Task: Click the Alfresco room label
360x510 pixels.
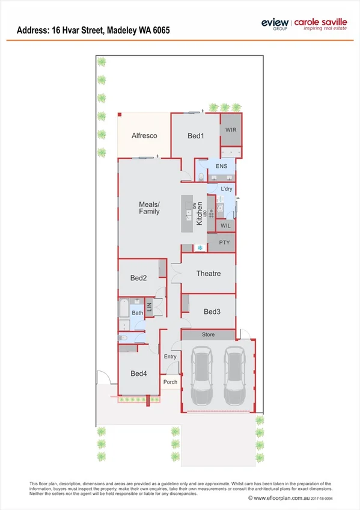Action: [144, 136]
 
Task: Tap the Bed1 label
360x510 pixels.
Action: [196, 137]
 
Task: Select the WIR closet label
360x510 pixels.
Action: [231, 130]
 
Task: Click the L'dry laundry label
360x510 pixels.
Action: [227, 189]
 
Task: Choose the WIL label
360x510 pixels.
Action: [225, 226]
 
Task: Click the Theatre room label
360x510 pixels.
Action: [209, 274]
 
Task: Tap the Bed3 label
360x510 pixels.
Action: [212, 312]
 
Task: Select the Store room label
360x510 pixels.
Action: [208, 334]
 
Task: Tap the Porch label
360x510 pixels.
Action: [170, 381]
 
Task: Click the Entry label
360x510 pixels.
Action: [171, 357]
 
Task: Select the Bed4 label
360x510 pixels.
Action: [138, 373]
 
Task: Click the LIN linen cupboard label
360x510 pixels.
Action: [150, 307]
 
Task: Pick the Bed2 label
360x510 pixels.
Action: [138, 278]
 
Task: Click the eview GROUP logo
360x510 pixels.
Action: [274, 23]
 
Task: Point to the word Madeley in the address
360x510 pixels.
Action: [124, 29]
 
